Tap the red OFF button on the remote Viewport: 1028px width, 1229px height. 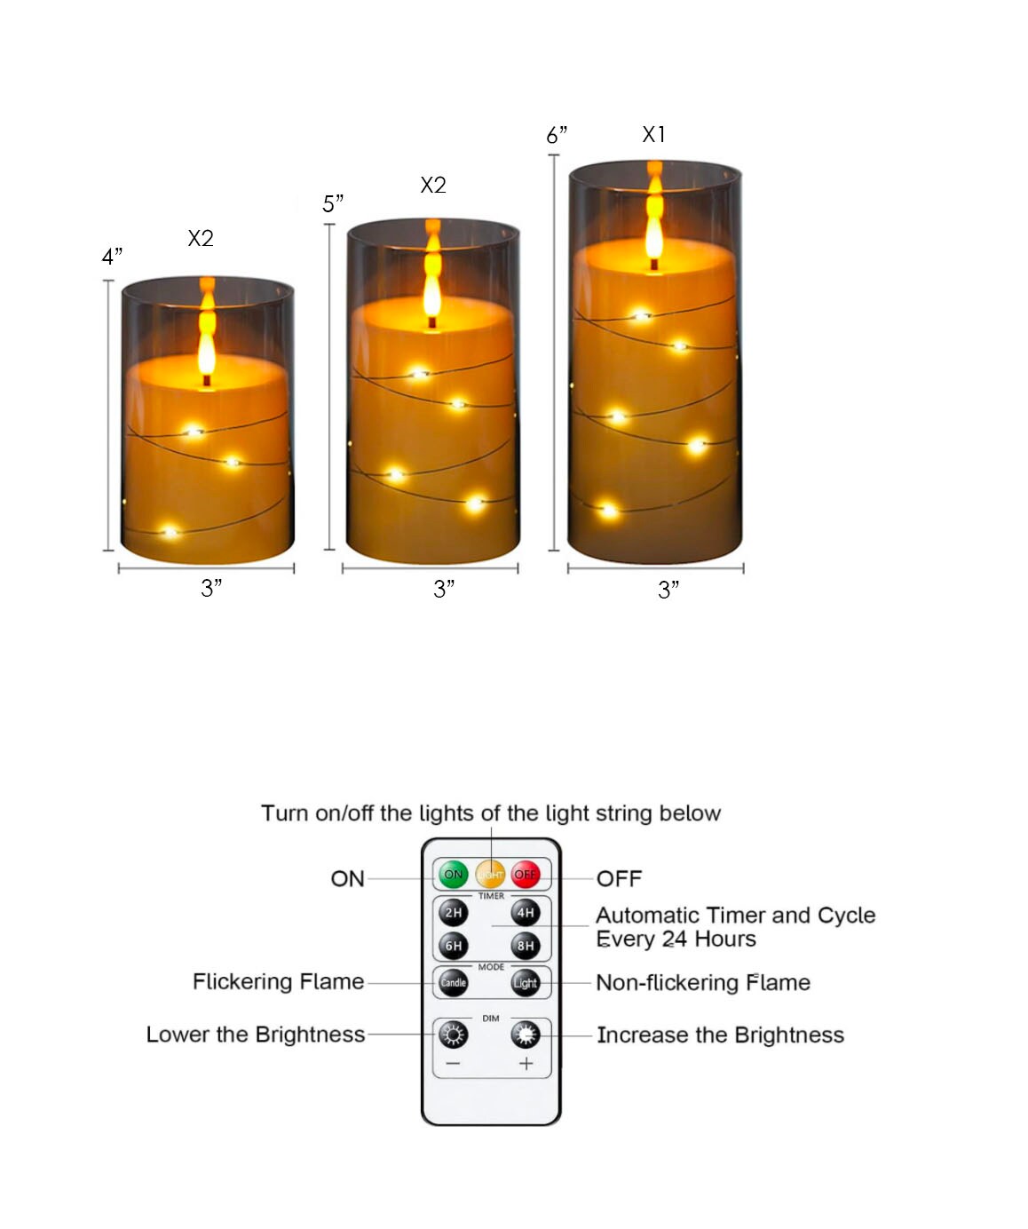(x=525, y=874)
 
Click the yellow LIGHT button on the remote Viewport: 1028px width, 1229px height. (x=489, y=875)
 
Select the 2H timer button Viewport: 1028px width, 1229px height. (x=453, y=913)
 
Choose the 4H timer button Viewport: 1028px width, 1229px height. (x=526, y=913)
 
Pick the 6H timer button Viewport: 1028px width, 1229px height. (x=453, y=946)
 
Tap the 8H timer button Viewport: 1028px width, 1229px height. (x=526, y=946)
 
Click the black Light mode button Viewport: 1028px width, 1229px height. (x=526, y=982)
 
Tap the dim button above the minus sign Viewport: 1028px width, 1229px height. (x=453, y=1035)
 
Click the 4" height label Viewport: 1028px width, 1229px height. (x=112, y=256)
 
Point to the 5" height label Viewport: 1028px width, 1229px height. (x=333, y=203)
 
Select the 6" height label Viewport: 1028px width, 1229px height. (x=556, y=135)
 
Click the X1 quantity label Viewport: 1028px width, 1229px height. (x=653, y=134)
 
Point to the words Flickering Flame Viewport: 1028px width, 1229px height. (x=279, y=981)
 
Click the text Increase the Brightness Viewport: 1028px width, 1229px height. (x=720, y=1035)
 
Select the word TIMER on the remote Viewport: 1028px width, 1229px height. (x=491, y=895)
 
